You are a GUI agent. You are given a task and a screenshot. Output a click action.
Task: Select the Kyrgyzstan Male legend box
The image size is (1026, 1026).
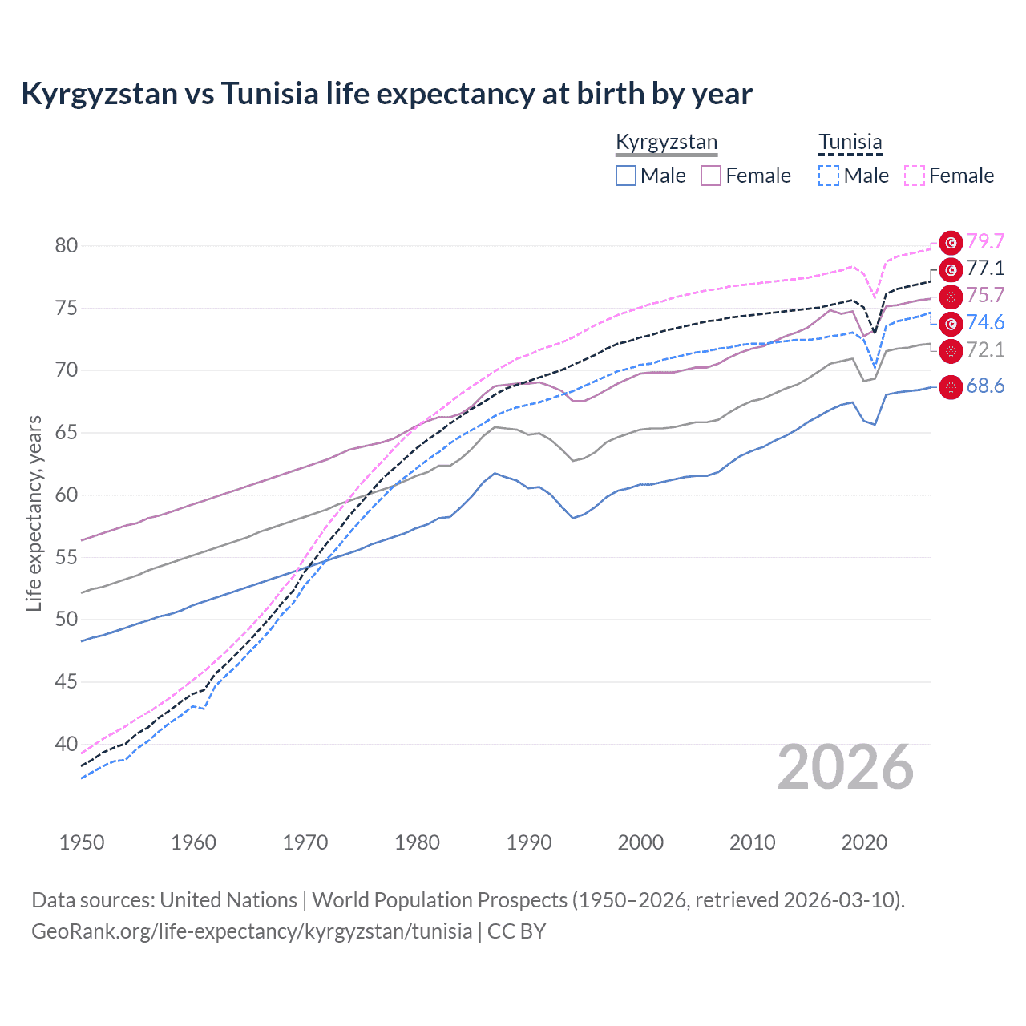(x=626, y=176)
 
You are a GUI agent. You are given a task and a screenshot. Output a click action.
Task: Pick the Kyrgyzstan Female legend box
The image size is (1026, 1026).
(x=711, y=176)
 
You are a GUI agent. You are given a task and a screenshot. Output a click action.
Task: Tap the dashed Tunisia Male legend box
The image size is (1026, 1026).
(x=829, y=176)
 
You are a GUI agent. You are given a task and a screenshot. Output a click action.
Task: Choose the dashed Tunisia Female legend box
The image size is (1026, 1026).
(x=915, y=176)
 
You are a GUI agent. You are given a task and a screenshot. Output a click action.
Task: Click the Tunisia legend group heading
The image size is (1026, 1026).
(x=850, y=143)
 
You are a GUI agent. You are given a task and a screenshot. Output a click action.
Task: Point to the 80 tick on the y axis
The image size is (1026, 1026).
(x=67, y=245)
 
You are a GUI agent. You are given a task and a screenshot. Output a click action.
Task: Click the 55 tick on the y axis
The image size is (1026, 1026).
(x=67, y=557)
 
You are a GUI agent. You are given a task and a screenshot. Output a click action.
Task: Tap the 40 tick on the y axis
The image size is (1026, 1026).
(x=67, y=744)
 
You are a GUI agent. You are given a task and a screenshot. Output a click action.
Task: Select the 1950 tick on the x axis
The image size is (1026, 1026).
(x=82, y=842)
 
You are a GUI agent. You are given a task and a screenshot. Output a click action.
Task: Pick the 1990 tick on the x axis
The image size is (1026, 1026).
(x=529, y=842)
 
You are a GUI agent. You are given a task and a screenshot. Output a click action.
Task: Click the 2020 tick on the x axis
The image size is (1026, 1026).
(x=864, y=842)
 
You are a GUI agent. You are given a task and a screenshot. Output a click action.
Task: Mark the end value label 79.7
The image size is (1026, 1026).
(x=985, y=241)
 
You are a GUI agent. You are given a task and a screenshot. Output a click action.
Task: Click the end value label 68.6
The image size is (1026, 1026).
(x=985, y=386)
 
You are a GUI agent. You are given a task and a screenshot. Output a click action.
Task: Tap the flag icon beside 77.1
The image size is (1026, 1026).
(x=951, y=269)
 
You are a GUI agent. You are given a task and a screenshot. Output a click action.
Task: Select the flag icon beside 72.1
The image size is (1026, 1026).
(x=951, y=351)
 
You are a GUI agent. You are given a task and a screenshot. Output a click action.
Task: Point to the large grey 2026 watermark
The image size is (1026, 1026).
(x=846, y=767)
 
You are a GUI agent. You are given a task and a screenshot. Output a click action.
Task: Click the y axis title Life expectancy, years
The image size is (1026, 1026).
(x=34, y=513)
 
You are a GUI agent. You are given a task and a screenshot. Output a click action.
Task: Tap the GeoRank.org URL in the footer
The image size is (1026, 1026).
(x=252, y=931)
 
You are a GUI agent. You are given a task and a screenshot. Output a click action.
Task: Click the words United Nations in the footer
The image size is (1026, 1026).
(x=228, y=900)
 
